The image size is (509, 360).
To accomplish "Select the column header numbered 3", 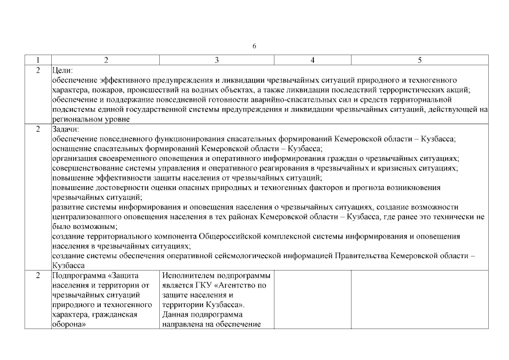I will pyautogui.click(x=217, y=60).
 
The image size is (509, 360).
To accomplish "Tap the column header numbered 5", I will pyautogui.click(x=420, y=60).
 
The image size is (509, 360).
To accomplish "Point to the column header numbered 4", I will pyautogui.click(x=312, y=60).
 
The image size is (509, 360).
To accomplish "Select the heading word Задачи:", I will pyautogui.click(x=66, y=129).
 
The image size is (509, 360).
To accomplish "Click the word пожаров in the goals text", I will pyautogui.click(x=142, y=90).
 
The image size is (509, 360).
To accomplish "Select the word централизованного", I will pyautogui.click(x=91, y=217).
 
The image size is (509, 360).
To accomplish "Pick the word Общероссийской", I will pyautogui.click(x=232, y=236).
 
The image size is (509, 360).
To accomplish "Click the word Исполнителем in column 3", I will pyautogui.click(x=187, y=276).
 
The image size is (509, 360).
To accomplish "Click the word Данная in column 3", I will pyautogui.click(x=175, y=314).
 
